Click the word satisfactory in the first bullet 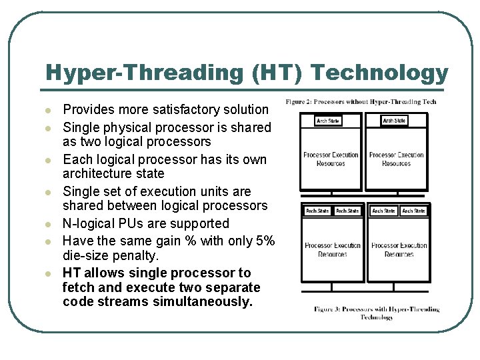(x=175, y=109)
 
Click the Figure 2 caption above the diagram (x=361, y=102)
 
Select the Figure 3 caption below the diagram (x=377, y=313)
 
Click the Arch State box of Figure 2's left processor (x=328, y=121)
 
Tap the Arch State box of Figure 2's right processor (x=394, y=121)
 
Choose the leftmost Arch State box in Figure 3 (x=317, y=211)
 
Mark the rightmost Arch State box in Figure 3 (x=413, y=211)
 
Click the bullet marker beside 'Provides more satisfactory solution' (x=48, y=110)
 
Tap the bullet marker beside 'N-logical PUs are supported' (x=48, y=224)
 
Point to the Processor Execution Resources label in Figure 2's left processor (x=331, y=159)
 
